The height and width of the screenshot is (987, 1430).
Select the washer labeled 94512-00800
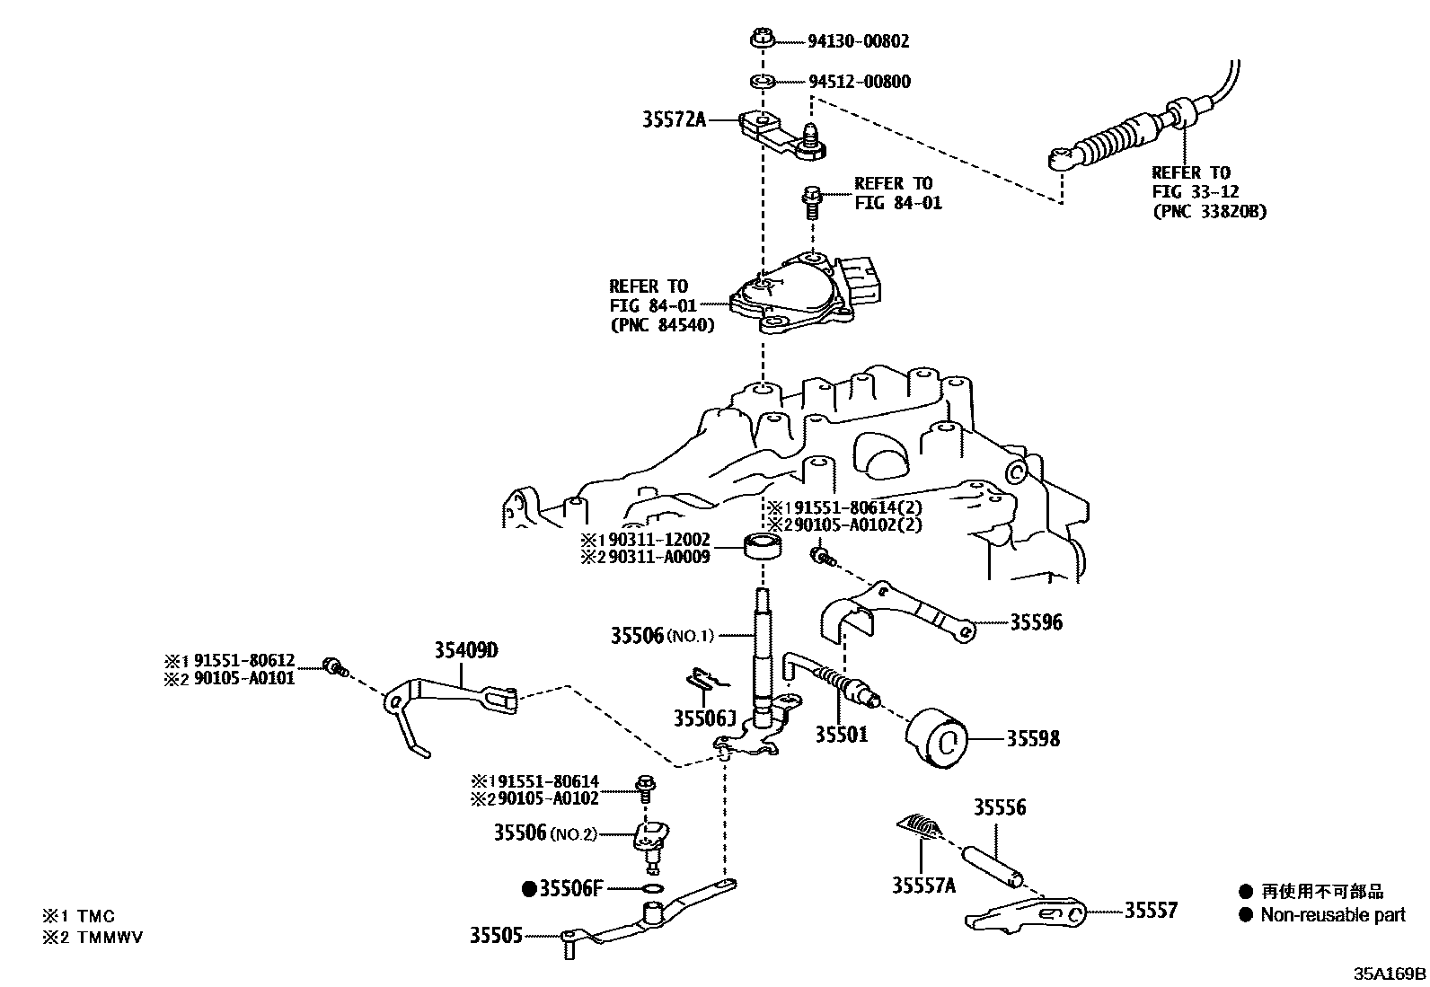(763, 83)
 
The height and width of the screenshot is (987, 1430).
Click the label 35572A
(674, 119)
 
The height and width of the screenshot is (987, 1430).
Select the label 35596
(1036, 621)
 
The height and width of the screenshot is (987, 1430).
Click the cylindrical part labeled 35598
(938, 738)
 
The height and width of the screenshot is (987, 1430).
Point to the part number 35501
(842, 734)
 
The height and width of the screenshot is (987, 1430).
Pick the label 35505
(495, 935)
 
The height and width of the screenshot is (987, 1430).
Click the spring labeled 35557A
(920, 827)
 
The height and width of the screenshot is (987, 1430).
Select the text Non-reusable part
(1332, 915)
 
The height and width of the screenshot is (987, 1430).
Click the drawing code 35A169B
(1390, 974)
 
